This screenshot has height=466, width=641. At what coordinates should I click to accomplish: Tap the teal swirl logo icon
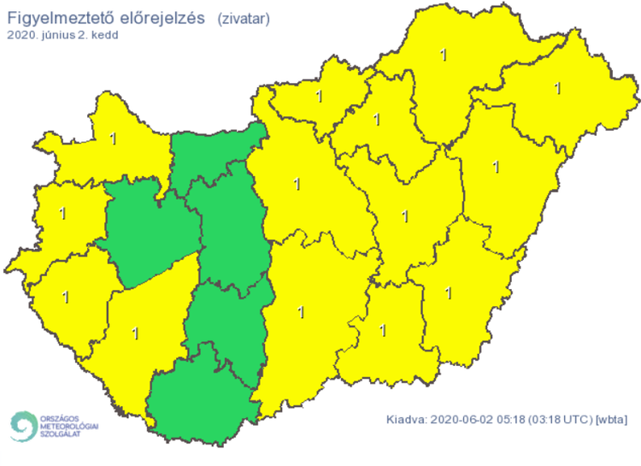23,425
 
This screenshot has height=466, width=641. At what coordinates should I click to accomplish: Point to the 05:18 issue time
505,420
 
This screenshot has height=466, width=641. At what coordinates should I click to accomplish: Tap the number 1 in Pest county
297,182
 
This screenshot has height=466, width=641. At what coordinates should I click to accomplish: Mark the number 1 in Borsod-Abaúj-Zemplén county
443,56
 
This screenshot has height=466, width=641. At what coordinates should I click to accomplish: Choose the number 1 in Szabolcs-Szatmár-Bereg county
558,86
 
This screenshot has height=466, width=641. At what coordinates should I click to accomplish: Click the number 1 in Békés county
450,293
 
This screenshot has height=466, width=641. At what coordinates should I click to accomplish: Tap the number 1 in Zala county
65,297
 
